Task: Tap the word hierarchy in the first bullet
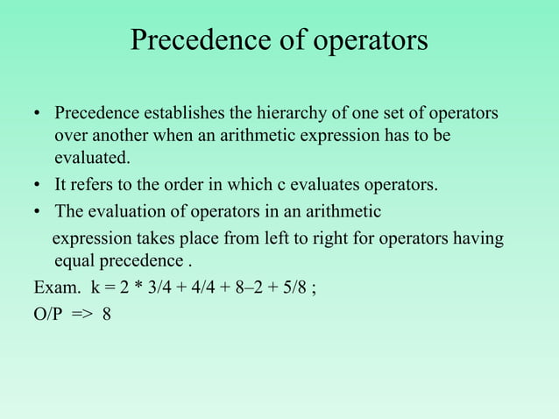point(308,115)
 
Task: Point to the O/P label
point(48,314)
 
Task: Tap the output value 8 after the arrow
point(107,314)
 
